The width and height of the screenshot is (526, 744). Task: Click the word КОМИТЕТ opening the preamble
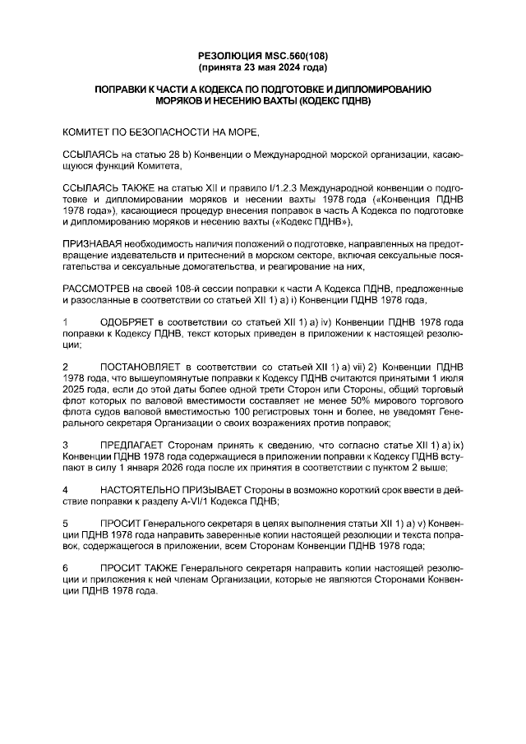90,131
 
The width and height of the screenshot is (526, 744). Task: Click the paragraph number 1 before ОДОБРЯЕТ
66,324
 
